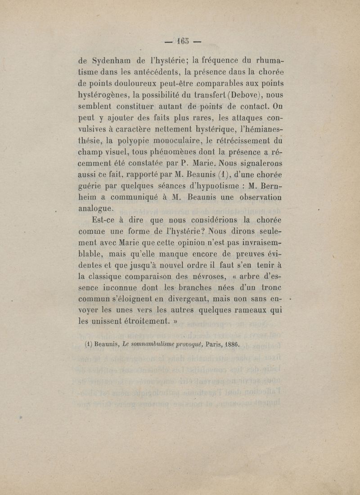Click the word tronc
coord(271,286)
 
